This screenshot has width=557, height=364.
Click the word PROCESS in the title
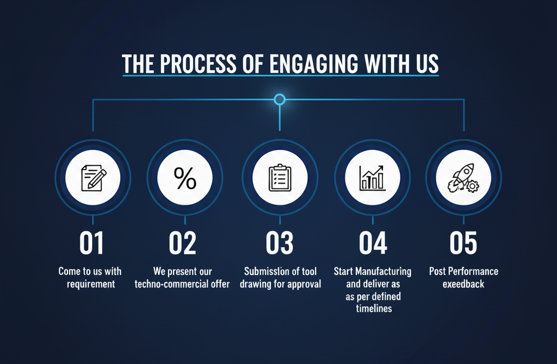(x=198, y=64)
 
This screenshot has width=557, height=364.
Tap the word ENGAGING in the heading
(x=314, y=64)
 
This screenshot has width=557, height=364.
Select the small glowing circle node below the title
(x=280, y=99)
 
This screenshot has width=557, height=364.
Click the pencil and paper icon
(x=94, y=178)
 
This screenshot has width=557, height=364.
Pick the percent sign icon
(x=185, y=178)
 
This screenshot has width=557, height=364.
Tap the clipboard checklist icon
(x=280, y=178)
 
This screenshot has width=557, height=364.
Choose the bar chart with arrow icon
(x=372, y=178)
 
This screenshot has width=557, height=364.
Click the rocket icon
(x=463, y=178)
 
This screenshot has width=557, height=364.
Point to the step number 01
(x=91, y=243)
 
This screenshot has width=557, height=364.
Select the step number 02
(x=183, y=243)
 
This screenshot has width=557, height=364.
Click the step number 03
(x=280, y=243)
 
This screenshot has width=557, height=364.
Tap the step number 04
(x=373, y=243)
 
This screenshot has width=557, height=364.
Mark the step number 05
(x=463, y=243)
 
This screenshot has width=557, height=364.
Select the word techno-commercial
(x=169, y=284)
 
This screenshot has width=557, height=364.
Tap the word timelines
(x=374, y=308)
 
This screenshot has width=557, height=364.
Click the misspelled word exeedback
(x=463, y=284)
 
